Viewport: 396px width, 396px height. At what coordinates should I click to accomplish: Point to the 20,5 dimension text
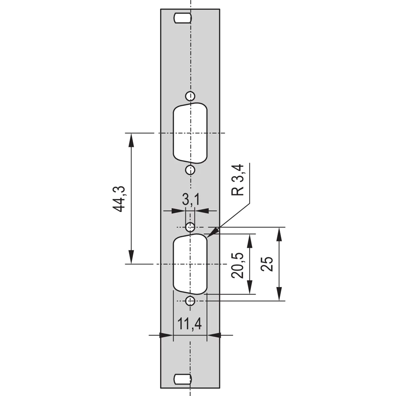238,265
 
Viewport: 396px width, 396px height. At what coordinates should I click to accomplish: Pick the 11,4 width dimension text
190,324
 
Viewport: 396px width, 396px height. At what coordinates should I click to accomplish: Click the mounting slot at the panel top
182,18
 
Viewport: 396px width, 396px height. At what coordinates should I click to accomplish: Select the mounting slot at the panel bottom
182,379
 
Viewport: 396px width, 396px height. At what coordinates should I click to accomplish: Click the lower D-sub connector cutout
190,264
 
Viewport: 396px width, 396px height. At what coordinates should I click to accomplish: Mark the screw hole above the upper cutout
190,96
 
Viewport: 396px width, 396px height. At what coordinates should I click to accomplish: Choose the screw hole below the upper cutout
190,170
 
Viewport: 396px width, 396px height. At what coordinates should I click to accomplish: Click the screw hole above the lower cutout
190,227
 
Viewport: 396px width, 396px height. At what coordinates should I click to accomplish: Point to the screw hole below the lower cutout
190,301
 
